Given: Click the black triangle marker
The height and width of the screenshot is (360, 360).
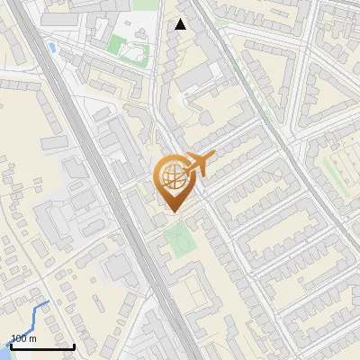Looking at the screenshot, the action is (x=181, y=24).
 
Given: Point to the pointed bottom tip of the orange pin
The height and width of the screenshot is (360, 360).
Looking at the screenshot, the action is (x=173, y=211).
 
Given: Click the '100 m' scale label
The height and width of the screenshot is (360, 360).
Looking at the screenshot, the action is (x=23, y=338).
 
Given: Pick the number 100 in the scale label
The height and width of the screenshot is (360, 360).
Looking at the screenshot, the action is (x=19, y=338).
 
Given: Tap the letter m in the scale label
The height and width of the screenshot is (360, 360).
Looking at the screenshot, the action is (x=32, y=339).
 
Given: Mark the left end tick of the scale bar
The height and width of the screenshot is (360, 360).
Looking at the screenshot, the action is (x=11, y=345).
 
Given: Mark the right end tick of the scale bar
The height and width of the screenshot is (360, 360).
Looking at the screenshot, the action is (x=74, y=345).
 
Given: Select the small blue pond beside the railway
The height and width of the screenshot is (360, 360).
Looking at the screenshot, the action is (x=52, y=47).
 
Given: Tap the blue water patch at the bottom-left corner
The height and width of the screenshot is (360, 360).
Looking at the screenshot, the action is (x=3, y=354).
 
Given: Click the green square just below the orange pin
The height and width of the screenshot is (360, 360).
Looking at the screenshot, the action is (x=179, y=238).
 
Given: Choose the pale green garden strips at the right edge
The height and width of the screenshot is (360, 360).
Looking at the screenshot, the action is (x=341, y=171).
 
